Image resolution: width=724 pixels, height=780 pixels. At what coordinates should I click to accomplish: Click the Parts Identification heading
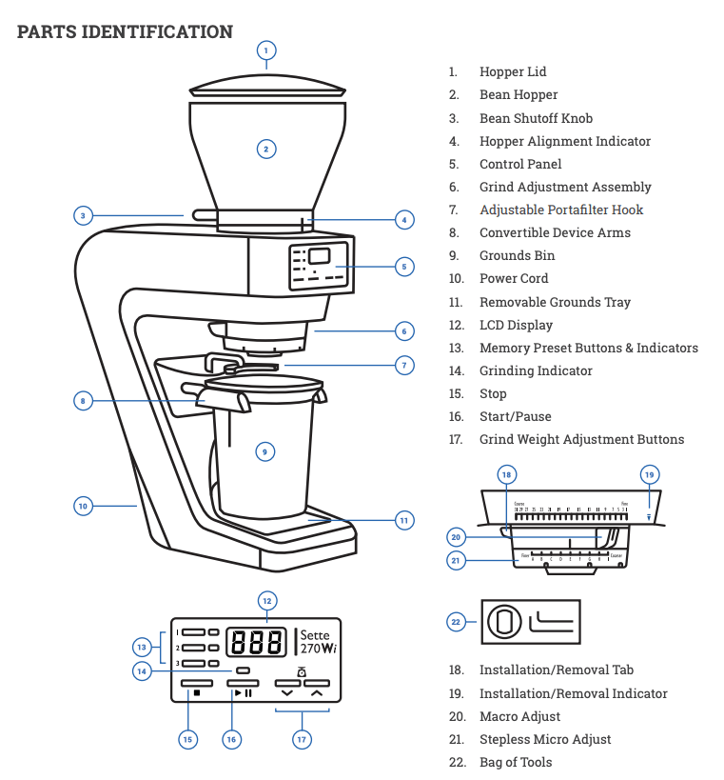pyautogui.click(x=125, y=31)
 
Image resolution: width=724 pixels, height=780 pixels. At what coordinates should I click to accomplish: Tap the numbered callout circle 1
pyautogui.click(x=266, y=50)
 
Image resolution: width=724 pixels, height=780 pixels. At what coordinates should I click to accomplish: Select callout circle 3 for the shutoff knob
pyautogui.click(x=83, y=215)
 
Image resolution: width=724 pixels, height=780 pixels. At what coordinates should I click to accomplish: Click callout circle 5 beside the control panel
pyautogui.click(x=403, y=267)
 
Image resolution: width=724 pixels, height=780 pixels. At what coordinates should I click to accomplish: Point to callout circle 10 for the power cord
pyautogui.click(x=83, y=506)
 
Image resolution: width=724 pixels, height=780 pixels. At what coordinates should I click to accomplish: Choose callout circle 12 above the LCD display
pyautogui.click(x=266, y=600)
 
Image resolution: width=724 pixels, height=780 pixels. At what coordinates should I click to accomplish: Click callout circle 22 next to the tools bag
pyautogui.click(x=456, y=622)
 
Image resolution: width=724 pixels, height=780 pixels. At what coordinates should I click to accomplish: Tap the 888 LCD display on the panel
pyautogui.click(x=255, y=642)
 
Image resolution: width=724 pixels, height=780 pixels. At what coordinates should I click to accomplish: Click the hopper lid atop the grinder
pyautogui.click(x=266, y=88)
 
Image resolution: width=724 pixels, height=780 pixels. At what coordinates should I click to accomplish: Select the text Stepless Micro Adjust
pyautogui.click(x=544, y=739)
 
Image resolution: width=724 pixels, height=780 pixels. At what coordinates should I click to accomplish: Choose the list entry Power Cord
pyautogui.click(x=514, y=278)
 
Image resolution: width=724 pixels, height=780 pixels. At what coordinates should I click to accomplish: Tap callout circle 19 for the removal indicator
pyautogui.click(x=650, y=474)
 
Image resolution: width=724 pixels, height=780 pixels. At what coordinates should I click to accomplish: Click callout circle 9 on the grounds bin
pyautogui.click(x=265, y=451)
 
